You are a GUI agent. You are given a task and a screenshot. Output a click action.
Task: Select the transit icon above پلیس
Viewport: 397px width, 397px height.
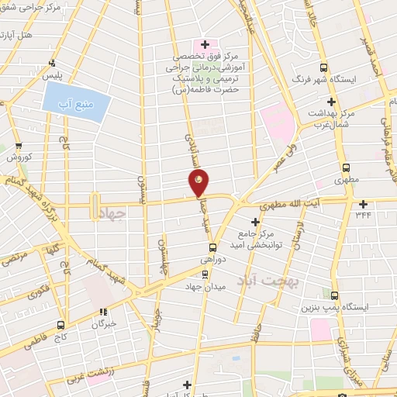point(52,64)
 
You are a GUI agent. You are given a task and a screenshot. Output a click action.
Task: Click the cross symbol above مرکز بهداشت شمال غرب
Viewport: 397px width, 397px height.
point(331,102)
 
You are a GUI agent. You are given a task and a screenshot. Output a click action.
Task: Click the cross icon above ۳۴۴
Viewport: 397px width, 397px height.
point(364,205)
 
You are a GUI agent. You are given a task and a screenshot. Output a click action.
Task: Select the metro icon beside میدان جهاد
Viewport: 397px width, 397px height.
point(205,273)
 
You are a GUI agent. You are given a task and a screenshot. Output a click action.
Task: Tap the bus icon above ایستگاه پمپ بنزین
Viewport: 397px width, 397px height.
point(335,295)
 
